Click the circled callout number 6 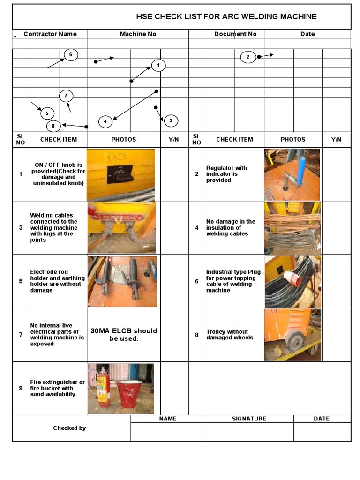click(x=71, y=55)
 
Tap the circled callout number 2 click(x=248, y=57)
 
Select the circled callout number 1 click(x=158, y=66)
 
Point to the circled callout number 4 click(x=105, y=121)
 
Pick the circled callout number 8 click(x=53, y=126)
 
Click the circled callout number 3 click(x=171, y=120)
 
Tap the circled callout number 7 click(x=66, y=96)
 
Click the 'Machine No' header click(x=138, y=34)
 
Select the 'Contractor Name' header click(x=50, y=34)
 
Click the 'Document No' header click(x=235, y=34)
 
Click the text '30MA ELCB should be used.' click(x=124, y=335)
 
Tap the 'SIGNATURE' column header click(x=249, y=419)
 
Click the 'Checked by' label click(x=69, y=428)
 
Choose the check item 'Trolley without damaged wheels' click(x=230, y=335)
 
